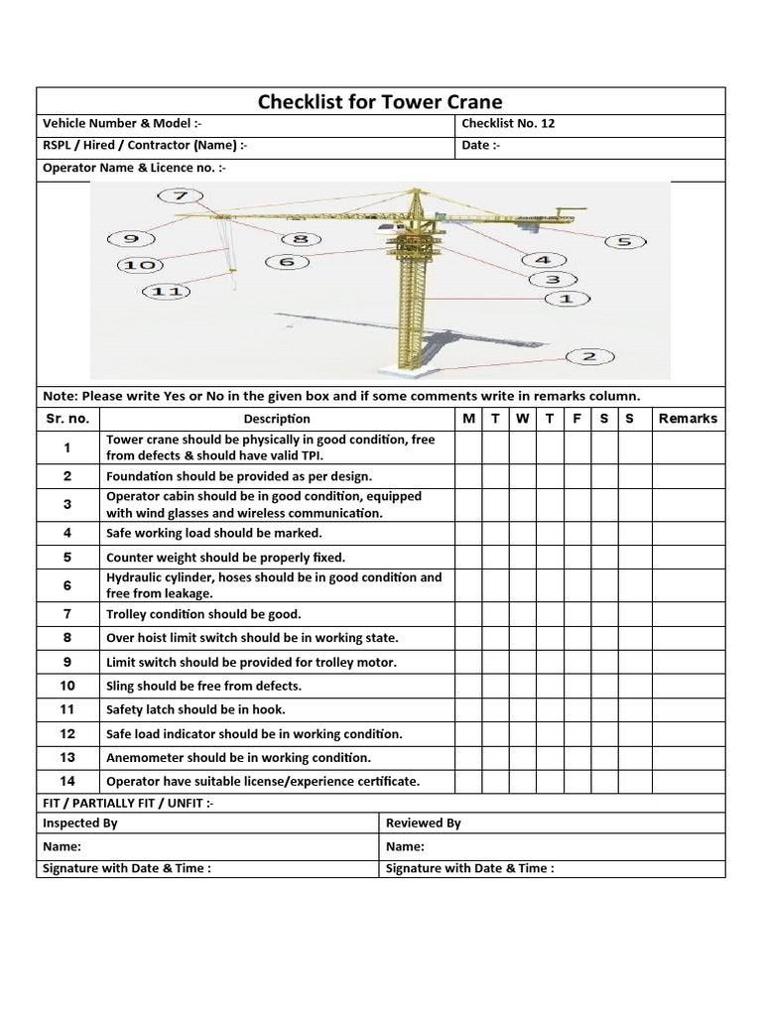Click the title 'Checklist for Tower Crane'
tap(380, 101)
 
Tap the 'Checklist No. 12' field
tap(508, 124)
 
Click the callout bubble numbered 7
tap(180, 195)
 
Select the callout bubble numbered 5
tap(624, 241)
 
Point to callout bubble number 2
tap(588, 357)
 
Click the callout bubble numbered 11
tap(167, 292)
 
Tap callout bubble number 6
tap(287, 262)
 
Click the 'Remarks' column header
tap(687, 419)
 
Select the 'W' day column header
tap(522, 419)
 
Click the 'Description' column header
tap(277, 419)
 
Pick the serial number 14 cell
tap(67, 781)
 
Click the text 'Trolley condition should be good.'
tap(203, 614)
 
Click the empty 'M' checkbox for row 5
tap(468, 558)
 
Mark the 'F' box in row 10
tap(576, 686)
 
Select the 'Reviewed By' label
tap(423, 823)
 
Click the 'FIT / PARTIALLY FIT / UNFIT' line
tap(128, 803)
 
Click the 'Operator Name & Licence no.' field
tap(134, 168)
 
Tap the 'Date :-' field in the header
tap(481, 145)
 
